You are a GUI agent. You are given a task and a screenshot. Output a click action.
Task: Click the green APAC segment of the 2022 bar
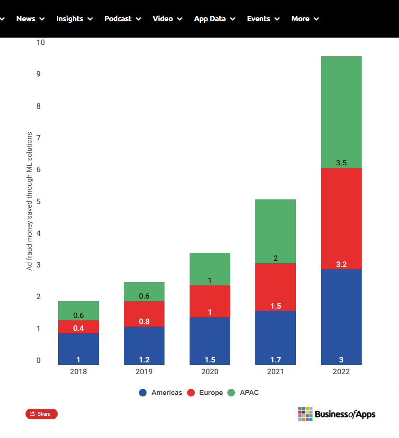tap(341, 112)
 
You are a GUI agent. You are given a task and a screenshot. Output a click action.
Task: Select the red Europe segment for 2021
tap(276, 287)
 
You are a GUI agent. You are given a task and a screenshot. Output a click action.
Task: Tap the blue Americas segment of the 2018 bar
tap(78, 349)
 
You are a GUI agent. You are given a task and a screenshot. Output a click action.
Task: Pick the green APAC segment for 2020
tap(210, 269)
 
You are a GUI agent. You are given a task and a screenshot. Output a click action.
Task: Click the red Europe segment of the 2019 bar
tap(144, 314)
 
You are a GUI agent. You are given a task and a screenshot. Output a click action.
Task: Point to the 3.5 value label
tap(341, 163)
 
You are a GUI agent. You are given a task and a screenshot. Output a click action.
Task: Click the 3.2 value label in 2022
tap(341, 264)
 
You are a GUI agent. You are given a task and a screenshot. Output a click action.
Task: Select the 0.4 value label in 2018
tap(78, 328)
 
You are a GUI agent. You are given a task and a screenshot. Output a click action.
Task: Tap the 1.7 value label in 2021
tap(276, 360)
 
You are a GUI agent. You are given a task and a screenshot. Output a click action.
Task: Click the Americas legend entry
tap(160, 393)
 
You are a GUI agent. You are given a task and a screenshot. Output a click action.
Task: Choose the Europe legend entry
tap(205, 393)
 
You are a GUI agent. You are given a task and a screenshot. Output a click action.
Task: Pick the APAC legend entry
tap(243, 393)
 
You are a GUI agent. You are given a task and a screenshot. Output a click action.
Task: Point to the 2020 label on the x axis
tap(210, 372)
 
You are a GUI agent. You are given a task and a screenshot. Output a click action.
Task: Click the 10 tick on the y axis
tap(41, 43)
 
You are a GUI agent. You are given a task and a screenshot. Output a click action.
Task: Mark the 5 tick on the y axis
tap(39, 201)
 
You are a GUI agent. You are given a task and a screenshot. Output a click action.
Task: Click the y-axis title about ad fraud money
tap(29, 201)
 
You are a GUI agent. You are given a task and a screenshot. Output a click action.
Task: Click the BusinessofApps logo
tap(337, 414)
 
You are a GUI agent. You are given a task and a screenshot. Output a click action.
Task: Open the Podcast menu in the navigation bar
tap(122, 19)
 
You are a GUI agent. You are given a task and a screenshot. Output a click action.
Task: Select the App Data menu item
tap(215, 19)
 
